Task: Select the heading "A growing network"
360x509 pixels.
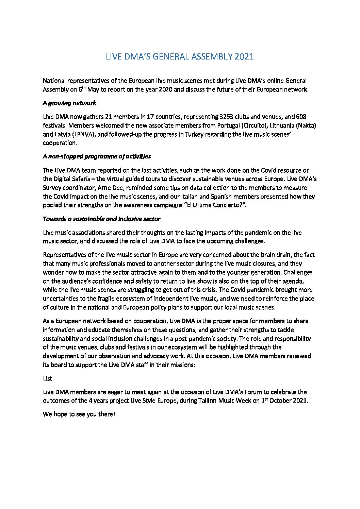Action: pyautogui.click(x=69, y=103)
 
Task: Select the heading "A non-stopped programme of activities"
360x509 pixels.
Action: pyautogui.click(x=97, y=156)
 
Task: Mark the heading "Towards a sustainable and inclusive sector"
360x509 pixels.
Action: pyautogui.click(x=101, y=219)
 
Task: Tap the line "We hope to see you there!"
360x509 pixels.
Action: pyautogui.click(x=79, y=414)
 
